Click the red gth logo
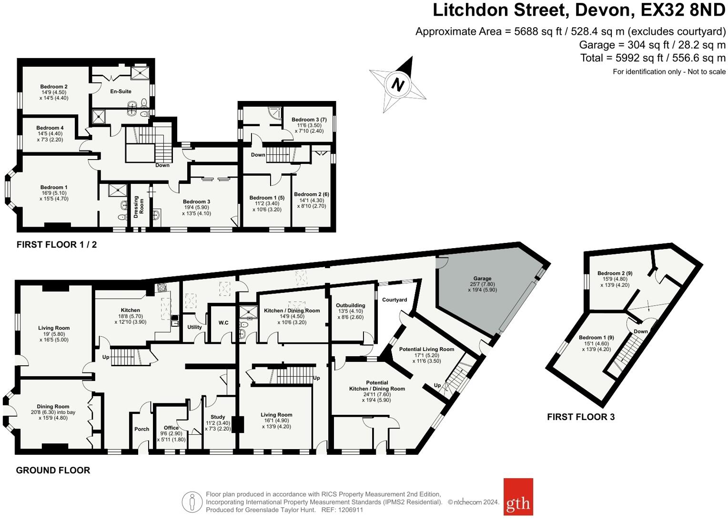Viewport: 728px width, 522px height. click(518, 497)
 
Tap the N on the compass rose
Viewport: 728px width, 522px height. click(397, 85)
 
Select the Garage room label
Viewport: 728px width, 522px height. click(482, 279)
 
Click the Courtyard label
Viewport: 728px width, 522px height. click(394, 300)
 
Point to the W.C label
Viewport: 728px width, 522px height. click(223, 323)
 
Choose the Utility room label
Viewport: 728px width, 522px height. click(194, 327)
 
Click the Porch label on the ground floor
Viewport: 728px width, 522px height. click(142, 429)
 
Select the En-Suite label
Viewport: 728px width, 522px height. click(121, 91)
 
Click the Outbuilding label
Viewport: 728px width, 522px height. click(350, 306)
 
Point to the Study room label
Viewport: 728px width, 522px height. click(218, 417)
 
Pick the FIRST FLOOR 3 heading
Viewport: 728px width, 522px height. click(580, 417)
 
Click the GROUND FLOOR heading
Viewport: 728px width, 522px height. click(53, 471)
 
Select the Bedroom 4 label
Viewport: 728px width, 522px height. click(50, 128)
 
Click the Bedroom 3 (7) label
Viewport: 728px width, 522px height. click(309, 120)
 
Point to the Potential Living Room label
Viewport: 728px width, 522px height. click(426, 349)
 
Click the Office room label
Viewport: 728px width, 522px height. click(171, 428)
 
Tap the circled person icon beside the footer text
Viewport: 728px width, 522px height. click(192, 502)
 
